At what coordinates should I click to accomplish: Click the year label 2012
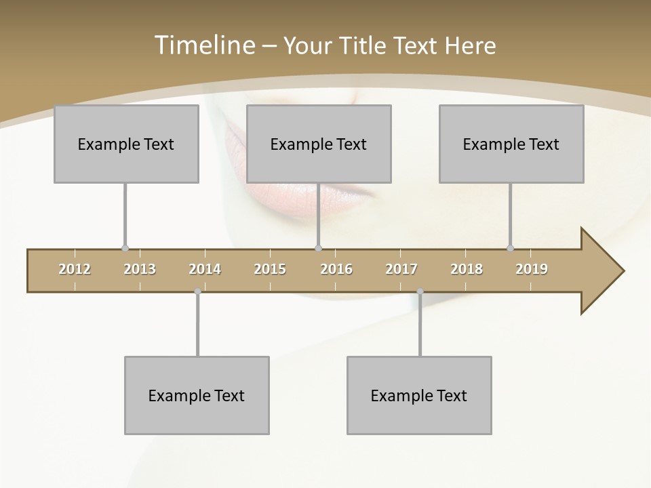75,269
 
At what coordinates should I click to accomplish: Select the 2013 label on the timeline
140,269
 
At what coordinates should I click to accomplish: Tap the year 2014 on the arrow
205,269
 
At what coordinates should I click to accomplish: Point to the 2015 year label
270,269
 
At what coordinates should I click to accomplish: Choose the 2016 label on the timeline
336,269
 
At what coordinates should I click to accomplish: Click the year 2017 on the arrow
401,269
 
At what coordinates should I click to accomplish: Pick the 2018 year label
467,269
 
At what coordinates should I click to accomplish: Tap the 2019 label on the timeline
532,269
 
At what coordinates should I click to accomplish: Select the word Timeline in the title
203,45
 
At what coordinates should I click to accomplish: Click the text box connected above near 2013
126,144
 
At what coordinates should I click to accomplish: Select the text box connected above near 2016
319,144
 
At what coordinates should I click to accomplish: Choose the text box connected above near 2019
511,144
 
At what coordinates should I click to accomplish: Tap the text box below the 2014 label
197,395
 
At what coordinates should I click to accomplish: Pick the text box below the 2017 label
419,395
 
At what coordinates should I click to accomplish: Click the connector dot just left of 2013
125,249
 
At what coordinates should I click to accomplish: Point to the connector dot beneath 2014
197,291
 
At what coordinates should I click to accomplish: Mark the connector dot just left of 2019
511,249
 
